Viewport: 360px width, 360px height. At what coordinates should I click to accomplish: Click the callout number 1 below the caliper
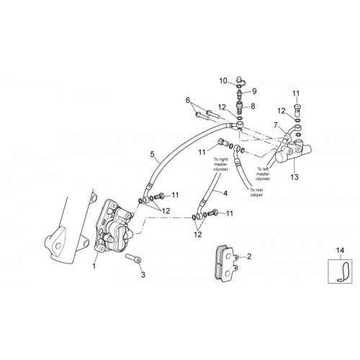click(x=94, y=266)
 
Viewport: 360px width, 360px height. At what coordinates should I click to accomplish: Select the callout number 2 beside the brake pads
click(x=249, y=256)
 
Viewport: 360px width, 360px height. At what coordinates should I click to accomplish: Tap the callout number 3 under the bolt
click(x=143, y=275)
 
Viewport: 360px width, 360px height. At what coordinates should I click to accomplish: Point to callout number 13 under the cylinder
click(x=294, y=177)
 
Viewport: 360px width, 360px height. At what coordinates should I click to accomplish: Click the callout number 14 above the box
click(x=340, y=251)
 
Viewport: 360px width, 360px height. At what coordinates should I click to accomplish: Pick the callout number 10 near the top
click(x=223, y=81)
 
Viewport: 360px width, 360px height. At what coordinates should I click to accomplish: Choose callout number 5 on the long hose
click(x=153, y=154)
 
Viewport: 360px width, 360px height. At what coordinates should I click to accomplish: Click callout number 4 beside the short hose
click(x=225, y=193)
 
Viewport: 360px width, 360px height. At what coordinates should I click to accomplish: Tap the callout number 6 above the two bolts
click(x=188, y=100)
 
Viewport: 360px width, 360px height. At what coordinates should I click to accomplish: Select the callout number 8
click(x=253, y=106)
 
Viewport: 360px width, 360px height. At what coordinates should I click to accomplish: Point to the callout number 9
click(x=254, y=91)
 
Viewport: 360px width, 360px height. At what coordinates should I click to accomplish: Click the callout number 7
click(x=276, y=125)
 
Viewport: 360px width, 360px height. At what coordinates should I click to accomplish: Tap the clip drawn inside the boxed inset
click(x=344, y=271)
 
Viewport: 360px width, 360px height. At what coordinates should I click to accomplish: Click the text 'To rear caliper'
click(x=256, y=192)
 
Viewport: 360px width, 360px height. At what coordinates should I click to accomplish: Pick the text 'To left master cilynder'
click(x=263, y=174)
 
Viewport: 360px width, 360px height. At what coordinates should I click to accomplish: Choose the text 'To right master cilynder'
click(x=221, y=164)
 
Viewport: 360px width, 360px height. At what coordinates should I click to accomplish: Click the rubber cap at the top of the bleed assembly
click(x=239, y=79)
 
